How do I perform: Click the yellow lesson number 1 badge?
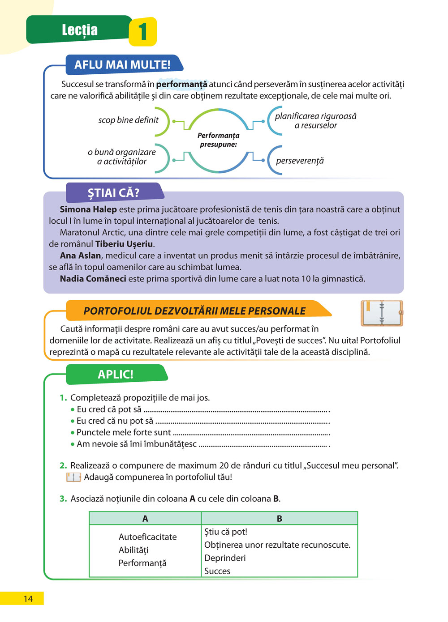click(142, 32)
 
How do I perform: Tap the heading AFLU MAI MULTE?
click(122, 65)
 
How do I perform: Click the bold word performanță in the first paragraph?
click(181, 84)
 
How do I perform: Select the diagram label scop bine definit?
click(128, 120)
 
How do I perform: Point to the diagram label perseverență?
click(300, 161)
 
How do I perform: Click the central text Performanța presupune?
click(218, 140)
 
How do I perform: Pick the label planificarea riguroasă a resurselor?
click(315, 121)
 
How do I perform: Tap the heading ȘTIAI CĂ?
click(113, 193)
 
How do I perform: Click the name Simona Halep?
click(88, 209)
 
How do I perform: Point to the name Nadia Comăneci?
click(93, 279)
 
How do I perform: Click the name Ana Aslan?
click(81, 256)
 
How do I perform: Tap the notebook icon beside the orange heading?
click(382, 313)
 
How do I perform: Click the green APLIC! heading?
click(116, 375)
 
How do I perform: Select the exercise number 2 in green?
click(63, 466)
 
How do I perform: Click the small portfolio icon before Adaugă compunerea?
click(73, 477)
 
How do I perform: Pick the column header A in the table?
click(145, 519)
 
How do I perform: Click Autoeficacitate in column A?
click(147, 537)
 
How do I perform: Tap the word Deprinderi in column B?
click(225, 558)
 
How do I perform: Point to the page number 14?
click(28, 599)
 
